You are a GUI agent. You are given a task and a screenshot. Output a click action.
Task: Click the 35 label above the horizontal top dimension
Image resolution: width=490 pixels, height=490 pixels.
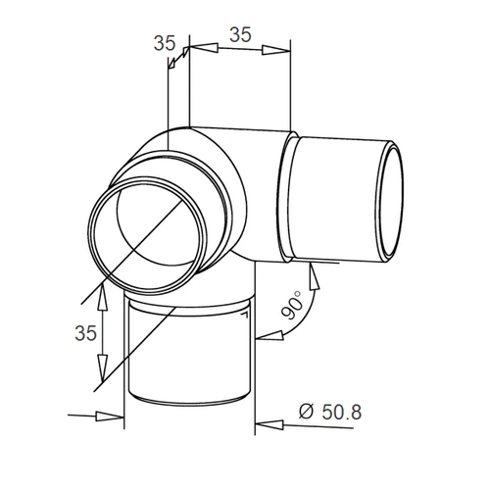[x=240, y=34]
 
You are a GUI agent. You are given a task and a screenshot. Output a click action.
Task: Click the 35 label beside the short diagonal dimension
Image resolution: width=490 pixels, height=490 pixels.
[x=165, y=43]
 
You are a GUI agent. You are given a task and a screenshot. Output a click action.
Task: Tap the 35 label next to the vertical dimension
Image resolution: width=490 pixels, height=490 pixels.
[x=86, y=333]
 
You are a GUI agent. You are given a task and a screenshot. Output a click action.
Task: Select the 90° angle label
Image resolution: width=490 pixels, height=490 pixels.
[x=293, y=305]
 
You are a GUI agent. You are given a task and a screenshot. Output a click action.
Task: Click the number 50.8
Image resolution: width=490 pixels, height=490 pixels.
[x=342, y=412]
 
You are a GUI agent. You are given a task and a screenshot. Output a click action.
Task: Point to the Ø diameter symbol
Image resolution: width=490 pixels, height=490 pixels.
[x=307, y=412]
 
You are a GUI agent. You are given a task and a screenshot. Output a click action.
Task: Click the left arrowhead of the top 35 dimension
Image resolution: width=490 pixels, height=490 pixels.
[x=204, y=48]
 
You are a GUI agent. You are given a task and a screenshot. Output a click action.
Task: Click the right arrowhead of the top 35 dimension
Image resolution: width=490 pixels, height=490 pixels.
[x=276, y=50]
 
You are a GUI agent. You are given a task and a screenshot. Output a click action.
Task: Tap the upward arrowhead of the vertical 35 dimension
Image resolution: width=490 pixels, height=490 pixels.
[x=103, y=297]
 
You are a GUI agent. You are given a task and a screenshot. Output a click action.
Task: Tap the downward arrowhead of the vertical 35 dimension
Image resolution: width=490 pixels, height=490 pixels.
[x=103, y=368]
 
